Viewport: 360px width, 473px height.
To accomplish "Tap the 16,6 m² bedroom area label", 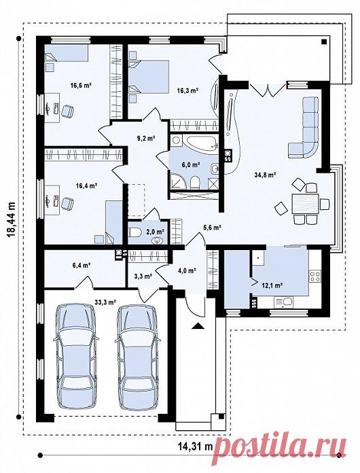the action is point(81,86).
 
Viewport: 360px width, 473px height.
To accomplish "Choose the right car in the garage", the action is point(137,357).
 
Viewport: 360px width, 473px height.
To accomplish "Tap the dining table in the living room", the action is point(306,204).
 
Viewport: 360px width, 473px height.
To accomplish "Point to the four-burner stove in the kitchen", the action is point(315,277).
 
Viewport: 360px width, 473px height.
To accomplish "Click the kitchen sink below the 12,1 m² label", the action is point(283,301).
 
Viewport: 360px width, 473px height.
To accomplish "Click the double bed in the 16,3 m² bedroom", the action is point(149,76).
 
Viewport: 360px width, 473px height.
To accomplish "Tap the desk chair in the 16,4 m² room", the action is point(67,203).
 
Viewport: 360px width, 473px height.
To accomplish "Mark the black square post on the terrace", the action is point(324,42).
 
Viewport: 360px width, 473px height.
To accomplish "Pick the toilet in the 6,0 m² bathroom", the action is point(195,182).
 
